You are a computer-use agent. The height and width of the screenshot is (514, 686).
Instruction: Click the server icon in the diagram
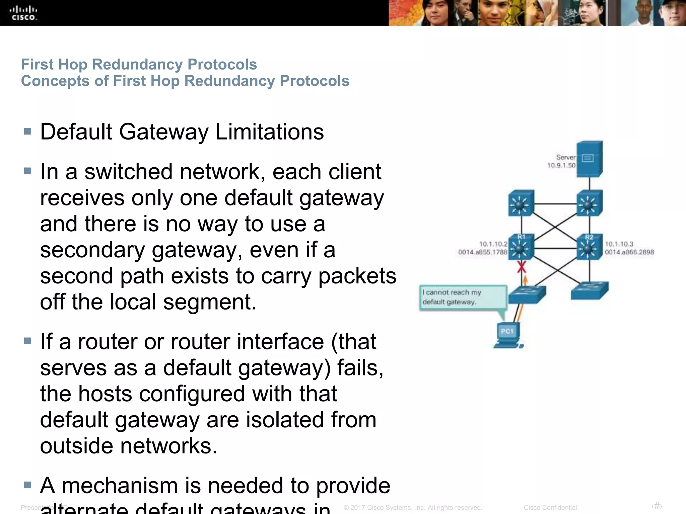[589, 159]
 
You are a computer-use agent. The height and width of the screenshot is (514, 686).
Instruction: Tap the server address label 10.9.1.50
[561, 165]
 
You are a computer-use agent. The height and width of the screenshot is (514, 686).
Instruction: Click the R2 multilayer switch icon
[589, 247]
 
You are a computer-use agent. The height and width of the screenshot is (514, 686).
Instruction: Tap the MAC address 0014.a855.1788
[482, 252]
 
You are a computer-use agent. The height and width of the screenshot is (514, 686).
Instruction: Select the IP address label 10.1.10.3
[619, 244]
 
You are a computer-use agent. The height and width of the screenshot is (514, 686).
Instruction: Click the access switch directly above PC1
[527, 294]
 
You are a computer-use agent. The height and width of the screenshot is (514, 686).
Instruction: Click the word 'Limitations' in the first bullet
[269, 132]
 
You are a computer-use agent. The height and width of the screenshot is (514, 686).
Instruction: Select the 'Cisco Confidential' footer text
[550, 508]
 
